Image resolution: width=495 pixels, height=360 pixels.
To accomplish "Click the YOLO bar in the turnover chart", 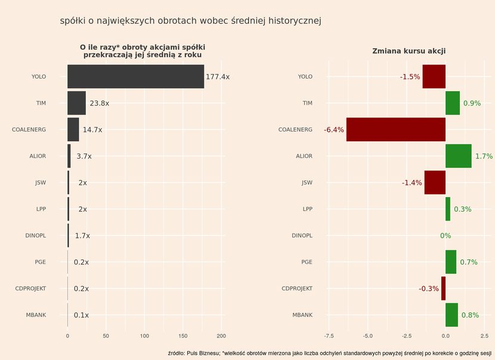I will coord(135,76).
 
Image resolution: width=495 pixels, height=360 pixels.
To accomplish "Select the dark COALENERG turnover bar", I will coord(73,129).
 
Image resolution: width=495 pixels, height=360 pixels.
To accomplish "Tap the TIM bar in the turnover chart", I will coord(76,103).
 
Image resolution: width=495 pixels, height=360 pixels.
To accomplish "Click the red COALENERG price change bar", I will coord(395,129).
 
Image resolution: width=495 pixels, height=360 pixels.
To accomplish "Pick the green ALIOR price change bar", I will coord(458,156).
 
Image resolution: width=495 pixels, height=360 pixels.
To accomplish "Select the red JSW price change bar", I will coord(435,182).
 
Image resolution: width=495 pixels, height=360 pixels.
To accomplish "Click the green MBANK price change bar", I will coord(451,315).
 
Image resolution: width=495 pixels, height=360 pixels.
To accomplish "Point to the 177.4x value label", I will coord(218,77).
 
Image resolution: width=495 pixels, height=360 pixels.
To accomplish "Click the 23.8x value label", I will coord(99,103).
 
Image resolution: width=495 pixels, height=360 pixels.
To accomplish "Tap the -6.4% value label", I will coord(334,130).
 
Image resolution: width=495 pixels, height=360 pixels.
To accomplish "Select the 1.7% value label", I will coord(484,156).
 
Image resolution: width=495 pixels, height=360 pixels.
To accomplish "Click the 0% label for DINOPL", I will coord(445,235).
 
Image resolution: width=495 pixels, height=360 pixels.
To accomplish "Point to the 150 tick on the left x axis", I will coord(183,336).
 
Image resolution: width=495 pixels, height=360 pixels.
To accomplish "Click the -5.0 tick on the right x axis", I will coord(367,336).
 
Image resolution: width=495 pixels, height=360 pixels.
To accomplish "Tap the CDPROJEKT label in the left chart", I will coord(30,288).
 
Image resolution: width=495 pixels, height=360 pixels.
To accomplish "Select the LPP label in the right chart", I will coord(307,209).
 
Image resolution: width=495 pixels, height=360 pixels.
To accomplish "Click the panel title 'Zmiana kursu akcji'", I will coord(409,51).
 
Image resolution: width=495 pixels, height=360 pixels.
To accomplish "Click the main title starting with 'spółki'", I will coord(191,21).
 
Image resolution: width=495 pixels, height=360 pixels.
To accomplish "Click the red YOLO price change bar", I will coord(434,76).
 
